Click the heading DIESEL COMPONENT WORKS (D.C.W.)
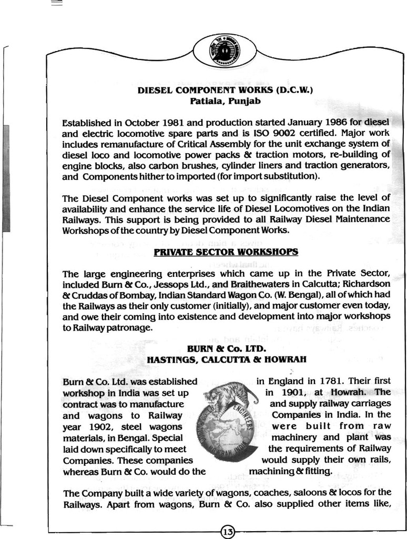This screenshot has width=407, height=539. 225,89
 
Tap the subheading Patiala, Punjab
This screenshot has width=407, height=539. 225,100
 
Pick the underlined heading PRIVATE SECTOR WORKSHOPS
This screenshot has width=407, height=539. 226,252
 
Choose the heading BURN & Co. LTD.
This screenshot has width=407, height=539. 226,348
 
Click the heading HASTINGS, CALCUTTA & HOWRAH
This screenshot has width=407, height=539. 226,359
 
